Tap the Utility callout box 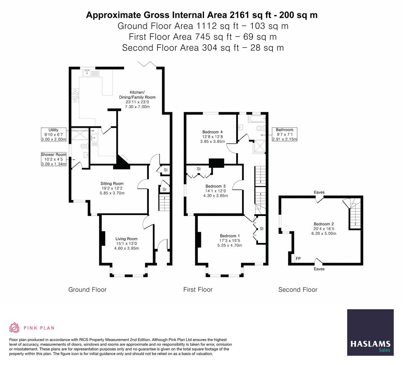click(53, 135)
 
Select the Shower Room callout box click(53, 159)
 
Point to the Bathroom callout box click(284, 135)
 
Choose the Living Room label click(126, 243)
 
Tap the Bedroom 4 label click(212, 137)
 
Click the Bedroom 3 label click(215, 191)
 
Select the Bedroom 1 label click(230, 240)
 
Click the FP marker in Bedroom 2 click(298, 259)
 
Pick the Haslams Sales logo click(370, 333)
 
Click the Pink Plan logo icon click(14, 327)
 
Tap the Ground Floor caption click(87, 290)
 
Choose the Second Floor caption click(298, 290)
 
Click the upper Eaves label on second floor click(319, 192)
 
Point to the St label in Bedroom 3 click(199, 169)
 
